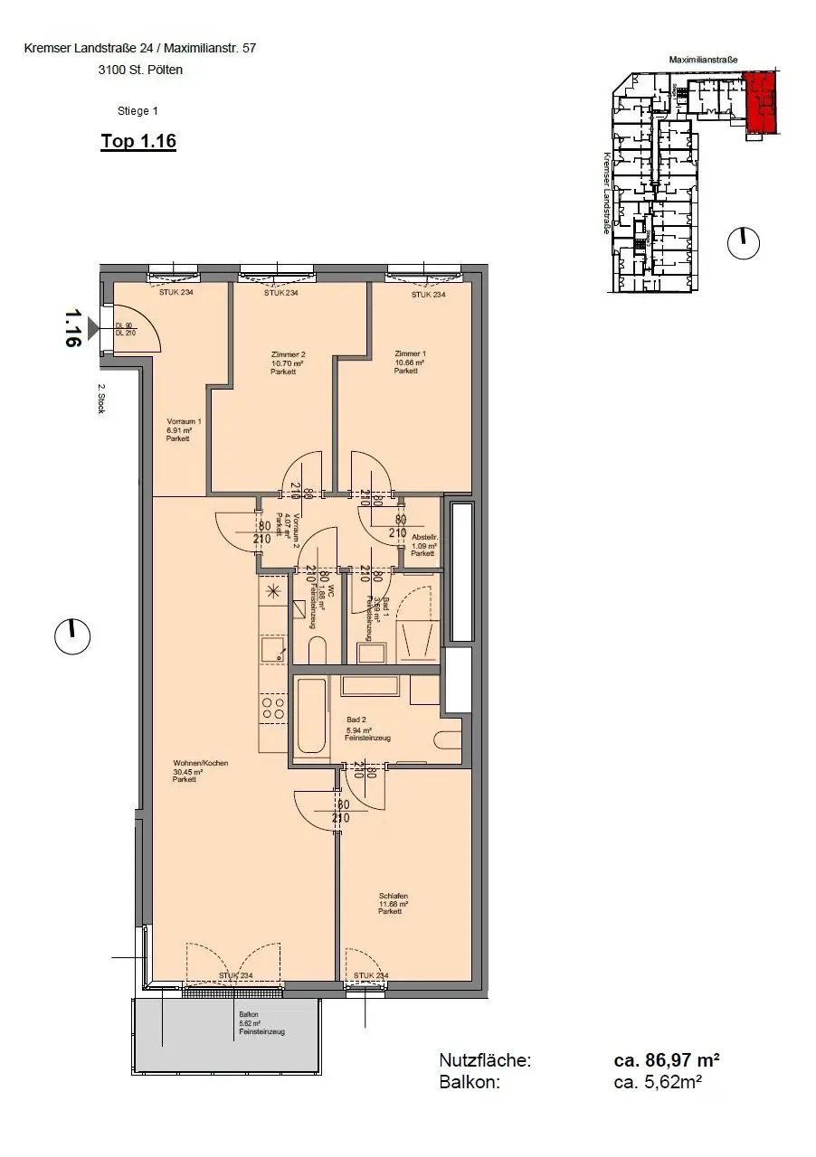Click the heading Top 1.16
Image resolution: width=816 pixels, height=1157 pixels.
[138, 141]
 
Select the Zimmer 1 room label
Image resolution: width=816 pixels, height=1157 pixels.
[410, 362]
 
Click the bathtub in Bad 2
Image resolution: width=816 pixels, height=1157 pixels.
[310, 716]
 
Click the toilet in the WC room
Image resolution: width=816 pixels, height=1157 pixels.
[317, 651]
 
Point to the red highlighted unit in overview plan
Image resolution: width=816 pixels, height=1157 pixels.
[759, 102]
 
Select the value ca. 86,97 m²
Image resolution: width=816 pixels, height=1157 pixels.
[666, 1060]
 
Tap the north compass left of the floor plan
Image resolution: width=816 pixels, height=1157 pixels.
[72, 637]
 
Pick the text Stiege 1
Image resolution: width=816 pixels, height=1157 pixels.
[138, 111]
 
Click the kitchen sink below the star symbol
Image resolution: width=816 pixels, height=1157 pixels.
[271, 647]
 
